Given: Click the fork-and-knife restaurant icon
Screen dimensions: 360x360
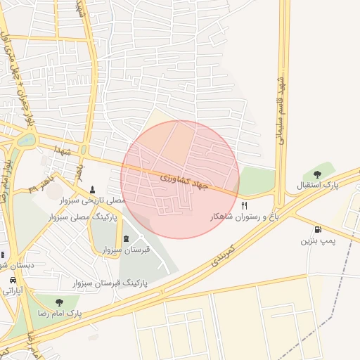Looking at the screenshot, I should (x=245, y=205).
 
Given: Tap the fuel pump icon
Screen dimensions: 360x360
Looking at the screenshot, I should (x=319, y=229).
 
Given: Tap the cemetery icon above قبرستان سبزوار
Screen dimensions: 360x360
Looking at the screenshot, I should (x=127, y=238).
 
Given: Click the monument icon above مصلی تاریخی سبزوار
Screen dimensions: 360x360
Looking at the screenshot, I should (x=93, y=189).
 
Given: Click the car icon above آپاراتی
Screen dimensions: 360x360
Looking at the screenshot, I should (x=12, y=278).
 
